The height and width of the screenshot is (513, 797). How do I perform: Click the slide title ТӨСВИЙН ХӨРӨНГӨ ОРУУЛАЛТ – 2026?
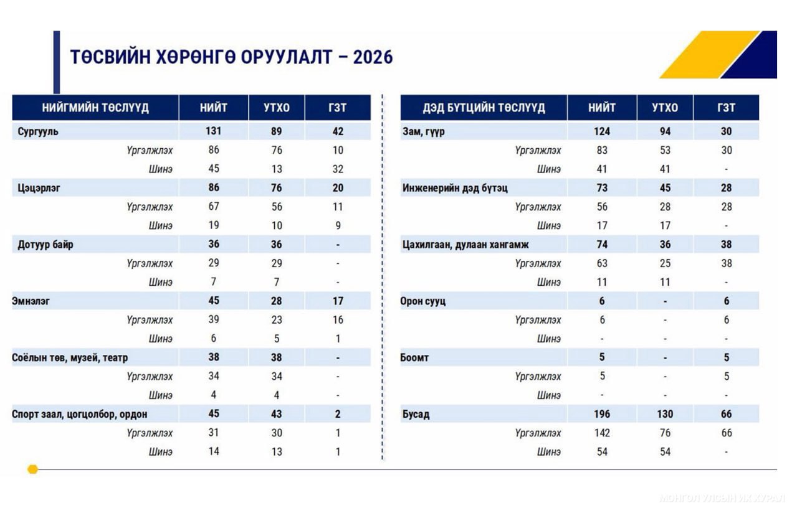pyautogui.click(x=231, y=57)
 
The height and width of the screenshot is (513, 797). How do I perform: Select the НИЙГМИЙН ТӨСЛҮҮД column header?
pyautogui.click(x=95, y=108)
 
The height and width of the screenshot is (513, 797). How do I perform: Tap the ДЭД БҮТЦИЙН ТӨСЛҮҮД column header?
pyautogui.click(x=484, y=108)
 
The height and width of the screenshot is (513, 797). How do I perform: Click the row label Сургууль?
pyautogui.click(x=39, y=131)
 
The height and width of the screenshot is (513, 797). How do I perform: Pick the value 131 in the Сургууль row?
pyautogui.click(x=214, y=131)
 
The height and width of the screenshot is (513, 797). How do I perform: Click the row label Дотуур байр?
pyautogui.click(x=45, y=244)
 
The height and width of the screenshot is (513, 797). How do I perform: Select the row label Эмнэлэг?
pyautogui.click(x=31, y=301)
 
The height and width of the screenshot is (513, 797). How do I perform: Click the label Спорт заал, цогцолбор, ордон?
pyautogui.click(x=80, y=414)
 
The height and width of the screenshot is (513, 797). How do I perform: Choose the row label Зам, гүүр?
pyautogui.click(x=424, y=131)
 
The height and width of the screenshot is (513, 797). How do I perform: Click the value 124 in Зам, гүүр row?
pyautogui.click(x=602, y=131)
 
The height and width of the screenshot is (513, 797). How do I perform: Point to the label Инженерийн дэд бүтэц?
pyautogui.click(x=455, y=188)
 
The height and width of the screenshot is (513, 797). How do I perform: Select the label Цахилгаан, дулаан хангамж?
pyautogui.click(x=465, y=244)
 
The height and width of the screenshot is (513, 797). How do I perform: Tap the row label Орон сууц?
pyautogui.click(x=423, y=301)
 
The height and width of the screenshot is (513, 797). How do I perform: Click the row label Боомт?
pyautogui.click(x=414, y=357)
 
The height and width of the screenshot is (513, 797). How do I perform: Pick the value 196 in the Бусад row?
pyautogui.click(x=602, y=414)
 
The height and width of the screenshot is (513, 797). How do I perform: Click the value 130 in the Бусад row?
pyautogui.click(x=665, y=414)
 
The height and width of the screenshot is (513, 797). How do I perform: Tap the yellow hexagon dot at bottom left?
pyautogui.click(x=33, y=469)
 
